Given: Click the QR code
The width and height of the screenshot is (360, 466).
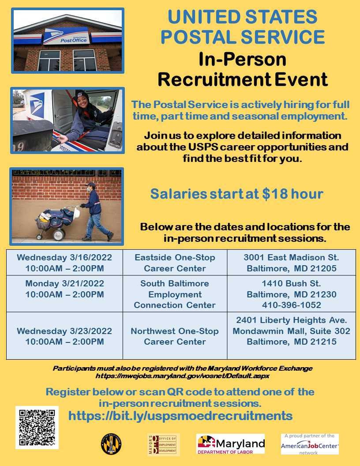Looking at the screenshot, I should point(37,427).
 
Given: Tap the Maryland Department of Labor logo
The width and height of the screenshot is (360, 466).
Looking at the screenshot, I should point(230,443).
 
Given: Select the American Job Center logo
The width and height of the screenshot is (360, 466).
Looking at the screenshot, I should point(310,444).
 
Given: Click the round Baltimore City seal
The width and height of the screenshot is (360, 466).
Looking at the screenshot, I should point(111,444).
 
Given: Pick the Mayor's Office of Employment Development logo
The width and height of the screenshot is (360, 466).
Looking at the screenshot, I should point(164,444).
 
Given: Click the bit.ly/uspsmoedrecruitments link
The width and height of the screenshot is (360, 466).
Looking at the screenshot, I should point(180,416).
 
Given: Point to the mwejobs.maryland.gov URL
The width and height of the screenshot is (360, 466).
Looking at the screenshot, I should point(182,376).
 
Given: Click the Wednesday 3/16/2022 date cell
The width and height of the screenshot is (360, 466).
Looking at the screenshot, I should point(64,263).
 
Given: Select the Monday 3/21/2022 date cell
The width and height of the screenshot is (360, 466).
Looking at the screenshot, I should point(64,289).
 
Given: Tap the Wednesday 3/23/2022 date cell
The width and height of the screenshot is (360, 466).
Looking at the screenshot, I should point(64,336).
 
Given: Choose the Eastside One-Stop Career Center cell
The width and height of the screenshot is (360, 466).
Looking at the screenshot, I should point(175,263).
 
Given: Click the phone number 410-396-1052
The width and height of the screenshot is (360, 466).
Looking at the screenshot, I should point(291,305).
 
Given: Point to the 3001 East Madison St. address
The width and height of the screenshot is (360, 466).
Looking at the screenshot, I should point(291,257).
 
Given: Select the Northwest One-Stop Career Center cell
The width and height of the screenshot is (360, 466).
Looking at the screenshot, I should point(175,336).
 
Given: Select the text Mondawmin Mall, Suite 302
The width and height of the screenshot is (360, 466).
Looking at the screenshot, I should point(291,331).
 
